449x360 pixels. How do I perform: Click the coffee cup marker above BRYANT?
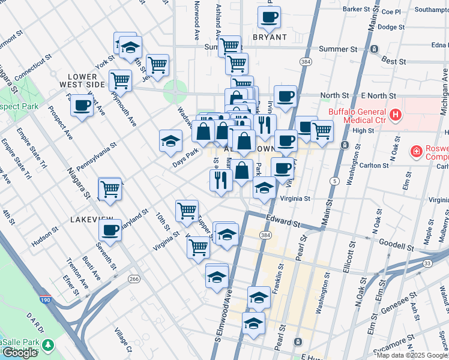270,17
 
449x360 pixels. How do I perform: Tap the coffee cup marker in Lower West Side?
82,106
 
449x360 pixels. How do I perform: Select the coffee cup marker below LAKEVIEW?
110,229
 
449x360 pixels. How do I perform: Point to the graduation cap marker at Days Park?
170,140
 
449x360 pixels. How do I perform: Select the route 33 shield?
427,263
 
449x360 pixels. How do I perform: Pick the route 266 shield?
134,279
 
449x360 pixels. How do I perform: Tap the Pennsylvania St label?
96,158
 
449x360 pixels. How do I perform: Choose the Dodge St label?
391,27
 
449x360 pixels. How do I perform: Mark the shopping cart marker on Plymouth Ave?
121,80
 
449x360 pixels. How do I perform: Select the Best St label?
394,61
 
